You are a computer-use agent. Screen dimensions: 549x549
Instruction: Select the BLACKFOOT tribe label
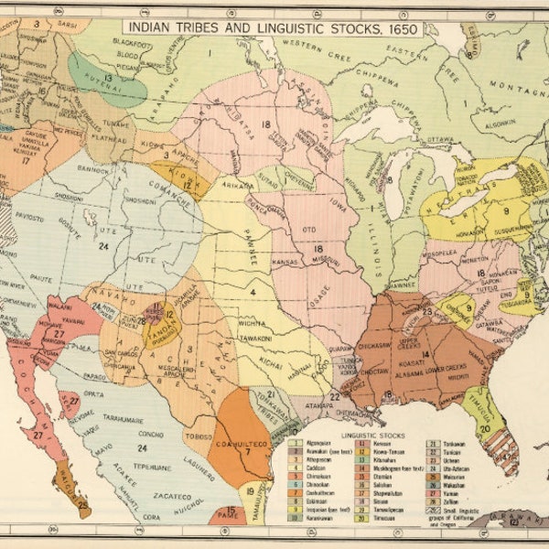tap(134, 43)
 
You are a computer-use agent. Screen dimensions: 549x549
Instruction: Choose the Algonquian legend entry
tap(320, 441)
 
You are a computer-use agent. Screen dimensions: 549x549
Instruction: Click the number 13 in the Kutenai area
tap(107, 78)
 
